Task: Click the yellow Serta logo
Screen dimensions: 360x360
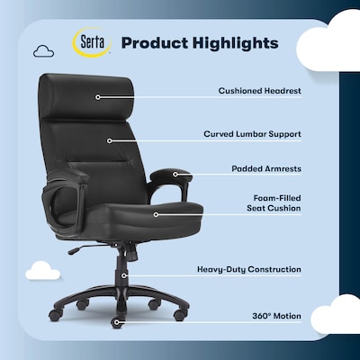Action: coord(92,43)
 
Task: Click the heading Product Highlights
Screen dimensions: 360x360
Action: coord(199,42)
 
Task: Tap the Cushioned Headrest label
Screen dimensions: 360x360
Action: coord(259,91)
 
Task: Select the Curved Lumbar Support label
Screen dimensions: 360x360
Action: coord(251,133)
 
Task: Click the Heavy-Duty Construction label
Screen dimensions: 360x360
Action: coord(248,268)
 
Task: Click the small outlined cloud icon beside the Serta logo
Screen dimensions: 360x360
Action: coord(41,51)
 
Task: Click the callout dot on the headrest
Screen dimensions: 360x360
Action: coord(97,96)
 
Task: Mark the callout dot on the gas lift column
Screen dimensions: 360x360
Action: coord(124,269)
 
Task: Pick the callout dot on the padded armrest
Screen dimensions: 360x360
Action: coord(176,175)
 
